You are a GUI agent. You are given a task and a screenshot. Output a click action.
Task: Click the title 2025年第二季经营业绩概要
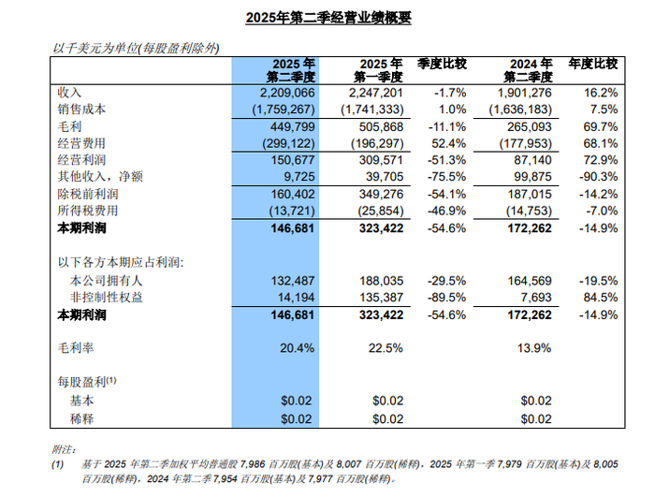[x=328, y=18]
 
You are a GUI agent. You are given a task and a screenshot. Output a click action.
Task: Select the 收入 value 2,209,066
[x=287, y=93]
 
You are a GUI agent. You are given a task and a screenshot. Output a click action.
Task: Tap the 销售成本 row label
[x=81, y=110]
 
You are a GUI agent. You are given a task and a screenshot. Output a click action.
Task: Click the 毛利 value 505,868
[x=382, y=126]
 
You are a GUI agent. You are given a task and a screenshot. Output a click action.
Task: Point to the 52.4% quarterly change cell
[x=448, y=143]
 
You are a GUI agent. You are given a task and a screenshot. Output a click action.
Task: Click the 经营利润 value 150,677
[x=293, y=160]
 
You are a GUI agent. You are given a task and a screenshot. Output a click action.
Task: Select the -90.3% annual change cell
[x=598, y=176]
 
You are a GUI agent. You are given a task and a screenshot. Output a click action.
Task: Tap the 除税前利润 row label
[x=88, y=195]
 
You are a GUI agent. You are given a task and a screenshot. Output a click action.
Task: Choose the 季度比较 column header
[x=442, y=64]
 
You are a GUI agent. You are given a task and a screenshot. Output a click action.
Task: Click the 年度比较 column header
[x=592, y=64]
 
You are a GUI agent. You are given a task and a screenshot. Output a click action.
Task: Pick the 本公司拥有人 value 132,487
[x=293, y=281]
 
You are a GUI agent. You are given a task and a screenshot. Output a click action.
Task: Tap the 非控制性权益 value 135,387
[x=382, y=298]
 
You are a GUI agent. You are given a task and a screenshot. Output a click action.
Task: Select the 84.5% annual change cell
[x=601, y=298]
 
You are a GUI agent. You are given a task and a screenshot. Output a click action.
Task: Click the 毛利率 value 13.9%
[x=534, y=348]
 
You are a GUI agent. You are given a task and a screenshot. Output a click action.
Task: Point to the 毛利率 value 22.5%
[x=386, y=348]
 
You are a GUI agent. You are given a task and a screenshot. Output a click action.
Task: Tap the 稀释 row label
[x=82, y=418]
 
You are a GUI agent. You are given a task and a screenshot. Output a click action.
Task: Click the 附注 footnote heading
[x=64, y=450]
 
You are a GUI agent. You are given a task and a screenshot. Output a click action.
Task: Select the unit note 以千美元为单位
[x=95, y=49]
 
